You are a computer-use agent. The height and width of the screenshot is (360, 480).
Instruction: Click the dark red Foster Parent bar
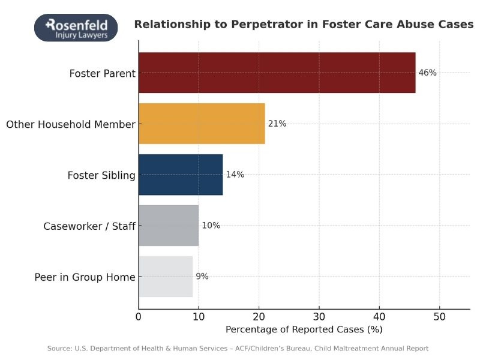(277, 73)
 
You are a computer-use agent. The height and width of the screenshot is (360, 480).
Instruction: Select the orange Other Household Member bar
(202, 124)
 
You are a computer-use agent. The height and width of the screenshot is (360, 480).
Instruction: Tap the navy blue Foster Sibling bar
(181, 175)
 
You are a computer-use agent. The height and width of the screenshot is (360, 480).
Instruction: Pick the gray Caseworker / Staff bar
(169, 226)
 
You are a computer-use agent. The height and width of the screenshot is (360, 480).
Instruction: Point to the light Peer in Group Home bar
(166, 277)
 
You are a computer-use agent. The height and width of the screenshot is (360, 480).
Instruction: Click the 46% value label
(427, 73)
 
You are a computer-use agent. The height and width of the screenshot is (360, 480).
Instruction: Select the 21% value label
(277, 124)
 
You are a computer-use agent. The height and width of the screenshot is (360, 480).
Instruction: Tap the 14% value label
(235, 175)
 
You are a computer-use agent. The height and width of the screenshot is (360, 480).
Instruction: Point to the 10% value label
(211, 226)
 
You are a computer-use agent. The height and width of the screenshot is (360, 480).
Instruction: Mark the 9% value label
(202, 277)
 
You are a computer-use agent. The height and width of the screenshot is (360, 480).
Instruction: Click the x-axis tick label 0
(139, 316)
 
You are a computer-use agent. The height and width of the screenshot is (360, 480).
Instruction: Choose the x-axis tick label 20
(259, 316)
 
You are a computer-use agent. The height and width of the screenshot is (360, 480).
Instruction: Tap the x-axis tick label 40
(379, 316)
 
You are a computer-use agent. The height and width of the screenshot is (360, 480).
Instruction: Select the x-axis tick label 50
(439, 316)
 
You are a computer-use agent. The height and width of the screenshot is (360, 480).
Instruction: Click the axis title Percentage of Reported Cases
(304, 329)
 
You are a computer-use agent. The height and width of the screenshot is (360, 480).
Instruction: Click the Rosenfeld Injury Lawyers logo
(76, 28)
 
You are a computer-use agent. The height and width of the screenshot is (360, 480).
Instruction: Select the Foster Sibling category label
(101, 175)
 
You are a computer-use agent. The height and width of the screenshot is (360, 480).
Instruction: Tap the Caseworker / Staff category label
(89, 226)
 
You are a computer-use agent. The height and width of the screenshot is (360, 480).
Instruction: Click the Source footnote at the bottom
(238, 349)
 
